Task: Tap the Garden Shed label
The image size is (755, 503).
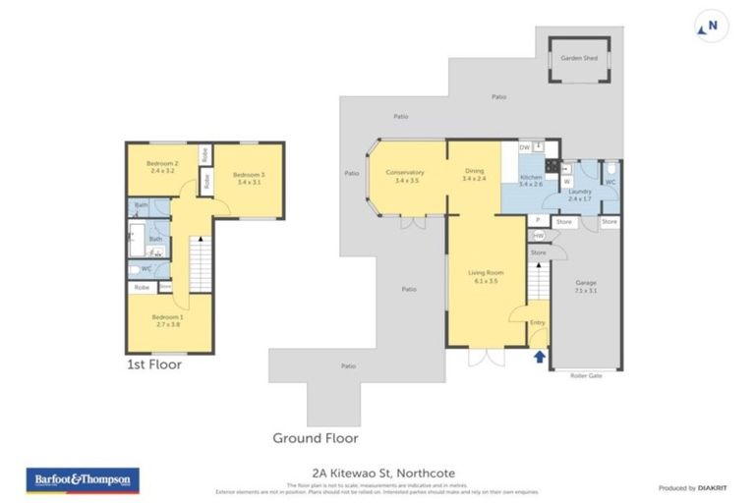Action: click(579, 58)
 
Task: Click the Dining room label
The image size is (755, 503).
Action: click(475, 175)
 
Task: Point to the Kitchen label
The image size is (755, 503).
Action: click(531, 180)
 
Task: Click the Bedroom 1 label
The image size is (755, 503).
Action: click(167, 320)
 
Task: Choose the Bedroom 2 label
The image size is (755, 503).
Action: click(162, 166)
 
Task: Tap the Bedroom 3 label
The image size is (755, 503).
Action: click(248, 178)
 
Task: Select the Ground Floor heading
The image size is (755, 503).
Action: click(315, 437)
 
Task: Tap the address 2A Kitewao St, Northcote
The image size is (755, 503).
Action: click(378, 473)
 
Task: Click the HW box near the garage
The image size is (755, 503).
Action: click(537, 236)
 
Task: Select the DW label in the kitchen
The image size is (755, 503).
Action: click(524, 146)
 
